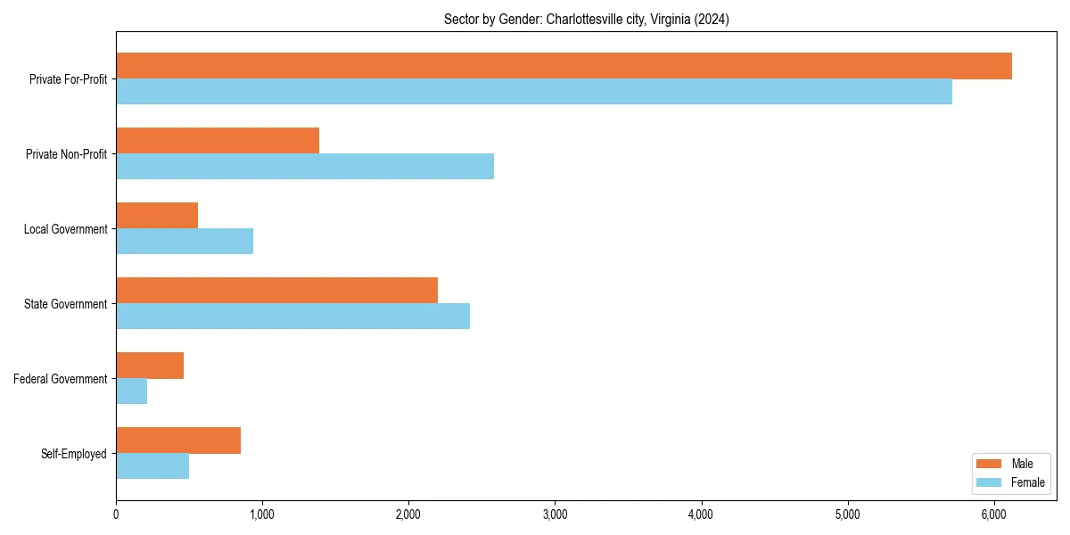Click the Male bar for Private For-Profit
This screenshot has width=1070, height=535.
564,66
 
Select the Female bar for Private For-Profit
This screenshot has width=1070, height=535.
534,92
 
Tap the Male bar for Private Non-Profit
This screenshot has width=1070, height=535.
218,141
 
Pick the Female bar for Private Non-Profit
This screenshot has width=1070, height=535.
305,167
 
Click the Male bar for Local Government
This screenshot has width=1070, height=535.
157,216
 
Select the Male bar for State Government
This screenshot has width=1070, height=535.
276,291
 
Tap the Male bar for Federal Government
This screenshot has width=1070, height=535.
150,366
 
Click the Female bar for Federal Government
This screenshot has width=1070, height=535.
132,391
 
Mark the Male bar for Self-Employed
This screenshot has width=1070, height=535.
178,440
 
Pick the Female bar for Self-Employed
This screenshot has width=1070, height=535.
152,466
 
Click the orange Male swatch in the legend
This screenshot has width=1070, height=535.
990,464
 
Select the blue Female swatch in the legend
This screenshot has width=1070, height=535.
990,482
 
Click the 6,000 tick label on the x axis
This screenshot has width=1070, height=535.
994,514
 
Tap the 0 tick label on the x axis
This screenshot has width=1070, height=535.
116,514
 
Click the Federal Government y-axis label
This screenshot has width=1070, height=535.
61,379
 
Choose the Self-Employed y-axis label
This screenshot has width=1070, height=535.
74,454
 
